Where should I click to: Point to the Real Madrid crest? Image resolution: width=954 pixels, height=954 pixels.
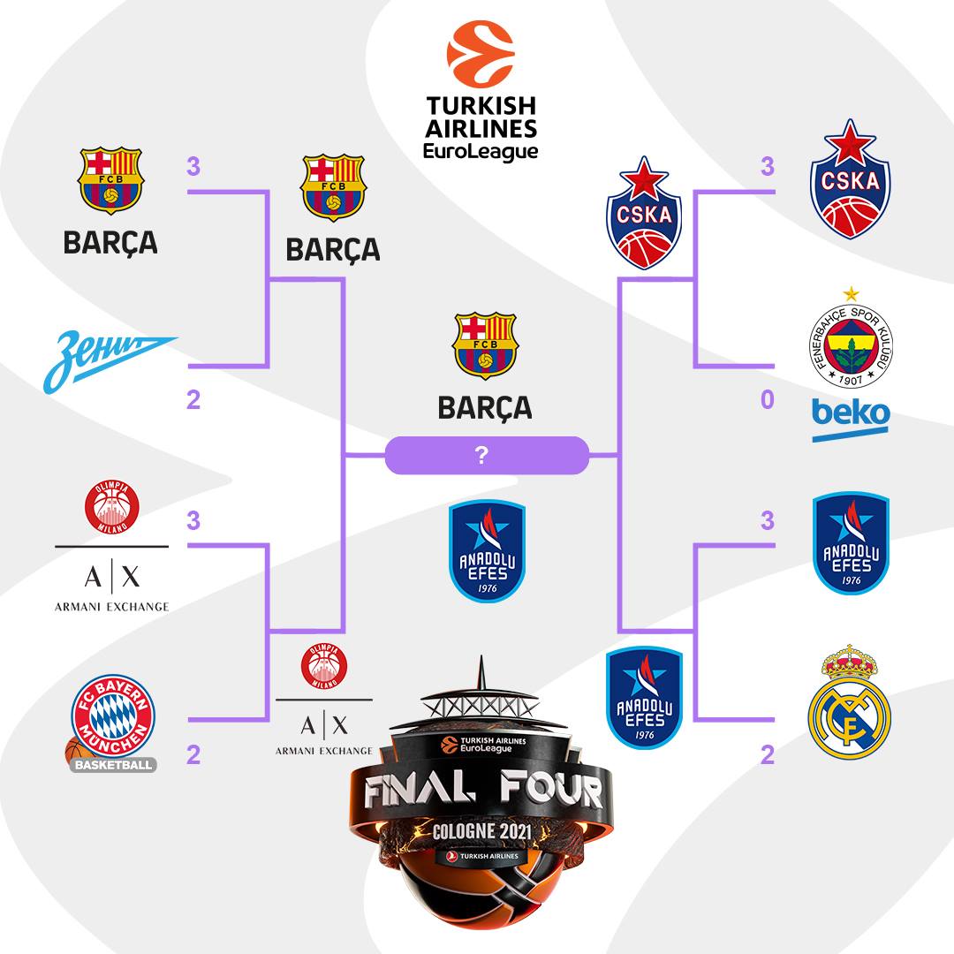tap(851, 704)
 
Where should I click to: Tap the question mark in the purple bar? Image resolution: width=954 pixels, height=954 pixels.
tap(482, 456)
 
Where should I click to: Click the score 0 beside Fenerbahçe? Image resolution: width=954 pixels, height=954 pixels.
tap(767, 400)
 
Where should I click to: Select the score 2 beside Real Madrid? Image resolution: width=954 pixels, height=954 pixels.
tap(767, 754)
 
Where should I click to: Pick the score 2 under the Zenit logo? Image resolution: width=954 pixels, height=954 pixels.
tap(193, 400)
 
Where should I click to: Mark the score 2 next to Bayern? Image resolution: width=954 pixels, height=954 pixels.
tap(193, 754)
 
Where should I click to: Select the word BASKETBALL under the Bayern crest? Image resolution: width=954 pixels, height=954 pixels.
tap(113, 764)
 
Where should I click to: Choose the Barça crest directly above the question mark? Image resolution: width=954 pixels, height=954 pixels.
tap(484, 346)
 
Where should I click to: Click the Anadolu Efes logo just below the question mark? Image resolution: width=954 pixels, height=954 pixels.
tap(486, 552)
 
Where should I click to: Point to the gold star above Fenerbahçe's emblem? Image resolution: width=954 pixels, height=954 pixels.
tap(851, 293)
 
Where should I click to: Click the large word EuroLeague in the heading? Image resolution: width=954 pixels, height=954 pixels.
tap(481, 151)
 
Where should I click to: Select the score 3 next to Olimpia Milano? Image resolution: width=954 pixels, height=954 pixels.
tap(193, 519)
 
